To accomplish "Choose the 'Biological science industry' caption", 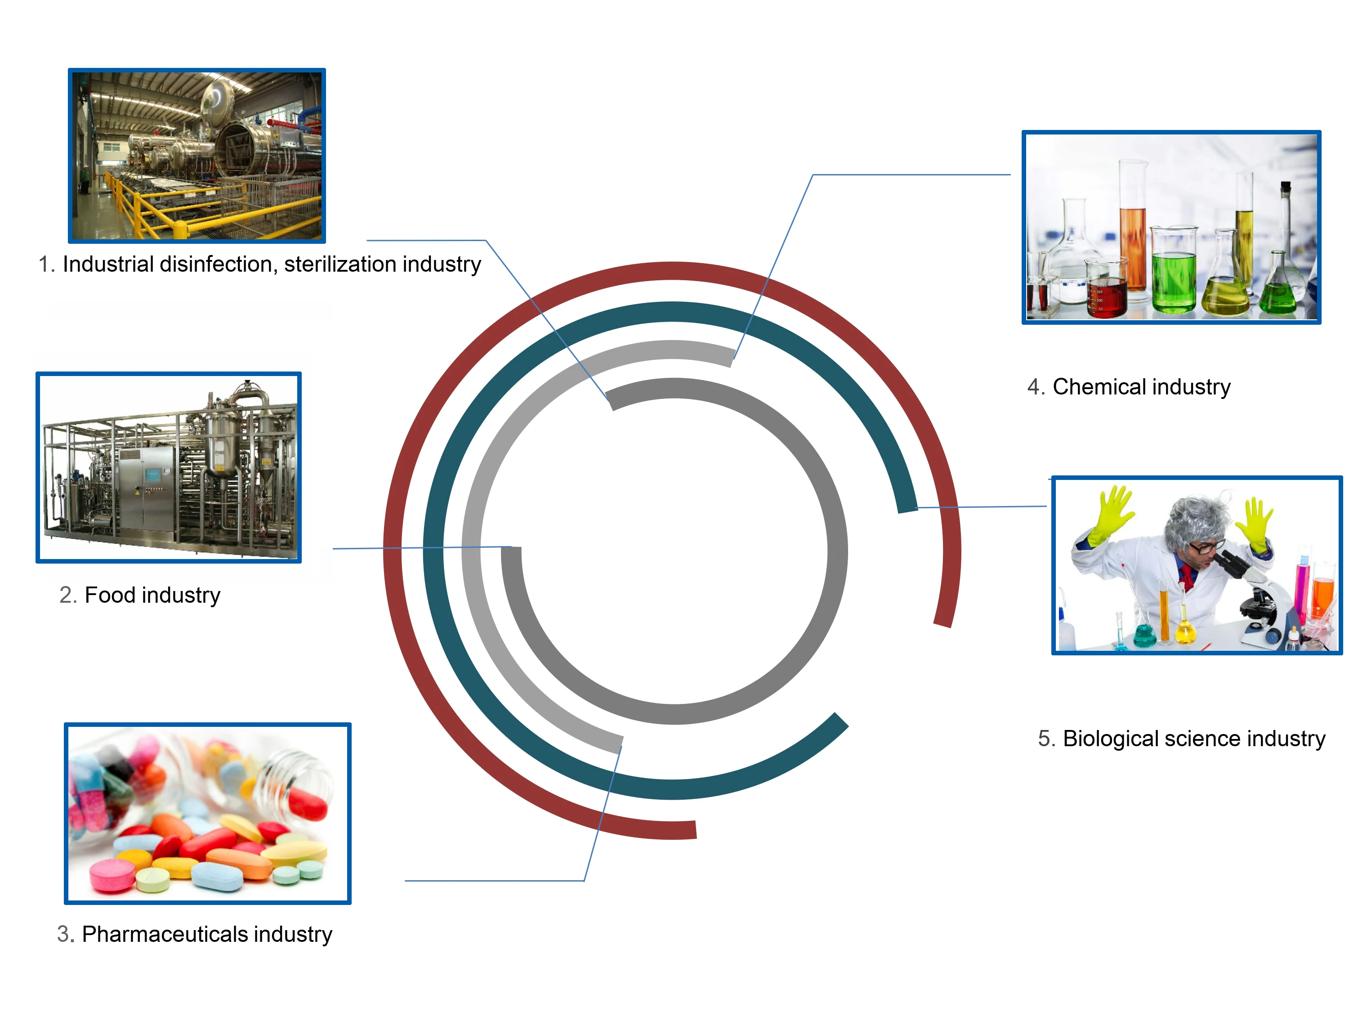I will click(1181, 738).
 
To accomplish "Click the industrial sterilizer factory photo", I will click(197, 156).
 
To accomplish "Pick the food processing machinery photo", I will click(168, 467).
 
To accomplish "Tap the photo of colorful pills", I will click(207, 813).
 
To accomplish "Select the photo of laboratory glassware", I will click(1171, 227).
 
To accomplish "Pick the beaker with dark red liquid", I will click(1107, 293).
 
